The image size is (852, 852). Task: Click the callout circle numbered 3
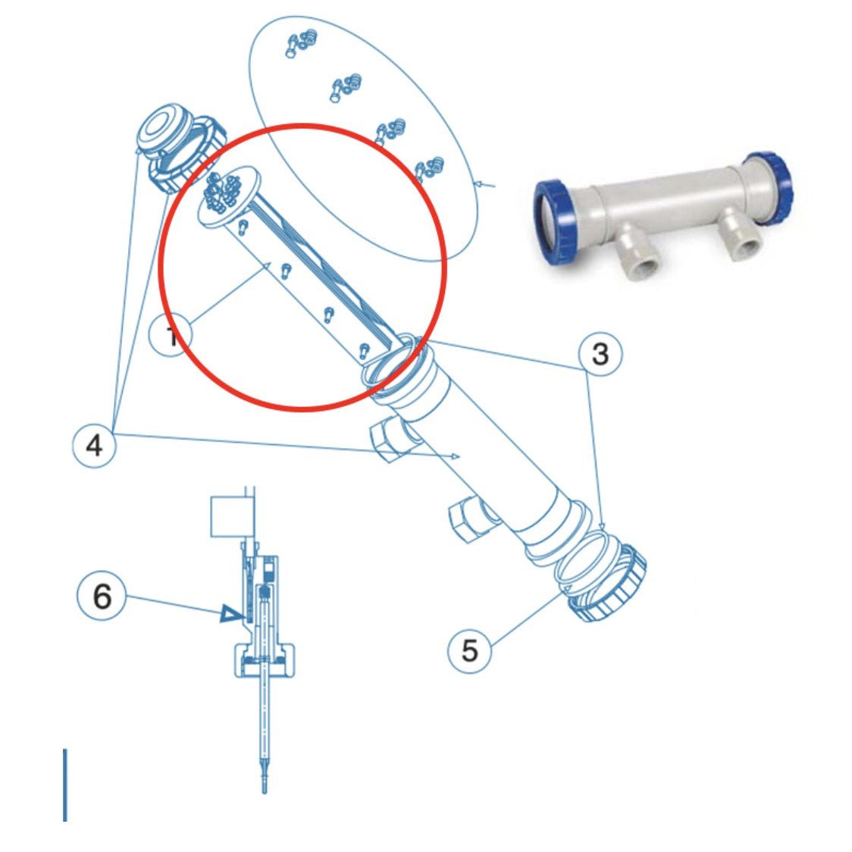(600, 353)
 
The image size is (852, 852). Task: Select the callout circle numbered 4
(94, 446)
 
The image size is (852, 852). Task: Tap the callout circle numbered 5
(470, 650)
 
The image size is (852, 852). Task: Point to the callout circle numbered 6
(102, 597)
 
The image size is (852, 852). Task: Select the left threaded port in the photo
(639, 256)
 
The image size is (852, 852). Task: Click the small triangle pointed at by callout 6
(228, 613)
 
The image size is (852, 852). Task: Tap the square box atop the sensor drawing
(230, 517)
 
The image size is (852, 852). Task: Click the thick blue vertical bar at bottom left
(65, 785)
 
